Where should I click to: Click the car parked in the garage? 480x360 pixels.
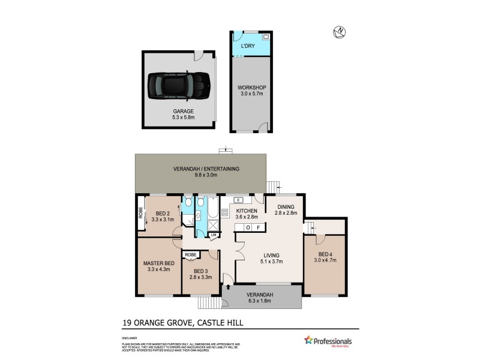click(179, 86)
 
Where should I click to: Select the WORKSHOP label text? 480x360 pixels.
click(251, 88)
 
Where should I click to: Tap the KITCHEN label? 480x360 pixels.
click(246, 211)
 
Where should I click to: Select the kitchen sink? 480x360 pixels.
click(238, 200)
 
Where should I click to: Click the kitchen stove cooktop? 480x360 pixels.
click(226, 212)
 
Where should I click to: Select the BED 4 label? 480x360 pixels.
click(326, 254)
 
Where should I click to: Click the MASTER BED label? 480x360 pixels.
click(158, 263)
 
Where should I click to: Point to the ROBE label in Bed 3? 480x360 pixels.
click(191, 255)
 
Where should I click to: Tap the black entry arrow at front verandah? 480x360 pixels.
click(226, 277)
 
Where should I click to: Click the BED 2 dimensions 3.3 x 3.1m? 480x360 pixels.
click(164, 220)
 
